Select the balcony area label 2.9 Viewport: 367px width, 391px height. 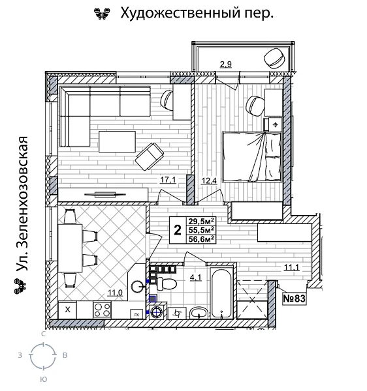pyautogui.click(x=226, y=64)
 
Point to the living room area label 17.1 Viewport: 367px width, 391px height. pyautogui.click(x=168, y=181)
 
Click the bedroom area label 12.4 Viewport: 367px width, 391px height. pyautogui.click(x=208, y=181)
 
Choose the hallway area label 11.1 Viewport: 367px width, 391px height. pyautogui.click(x=291, y=266)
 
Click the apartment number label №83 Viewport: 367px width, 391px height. pyautogui.click(x=295, y=298)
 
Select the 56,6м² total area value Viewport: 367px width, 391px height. pyautogui.click(x=202, y=239)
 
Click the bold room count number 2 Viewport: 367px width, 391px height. pyautogui.click(x=177, y=229)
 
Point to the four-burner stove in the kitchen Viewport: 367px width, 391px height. pyautogui.click(x=102, y=310)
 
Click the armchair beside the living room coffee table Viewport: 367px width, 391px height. pyautogui.click(x=150, y=156)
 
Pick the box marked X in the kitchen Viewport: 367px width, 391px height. pyautogui.click(x=67, y=310)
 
